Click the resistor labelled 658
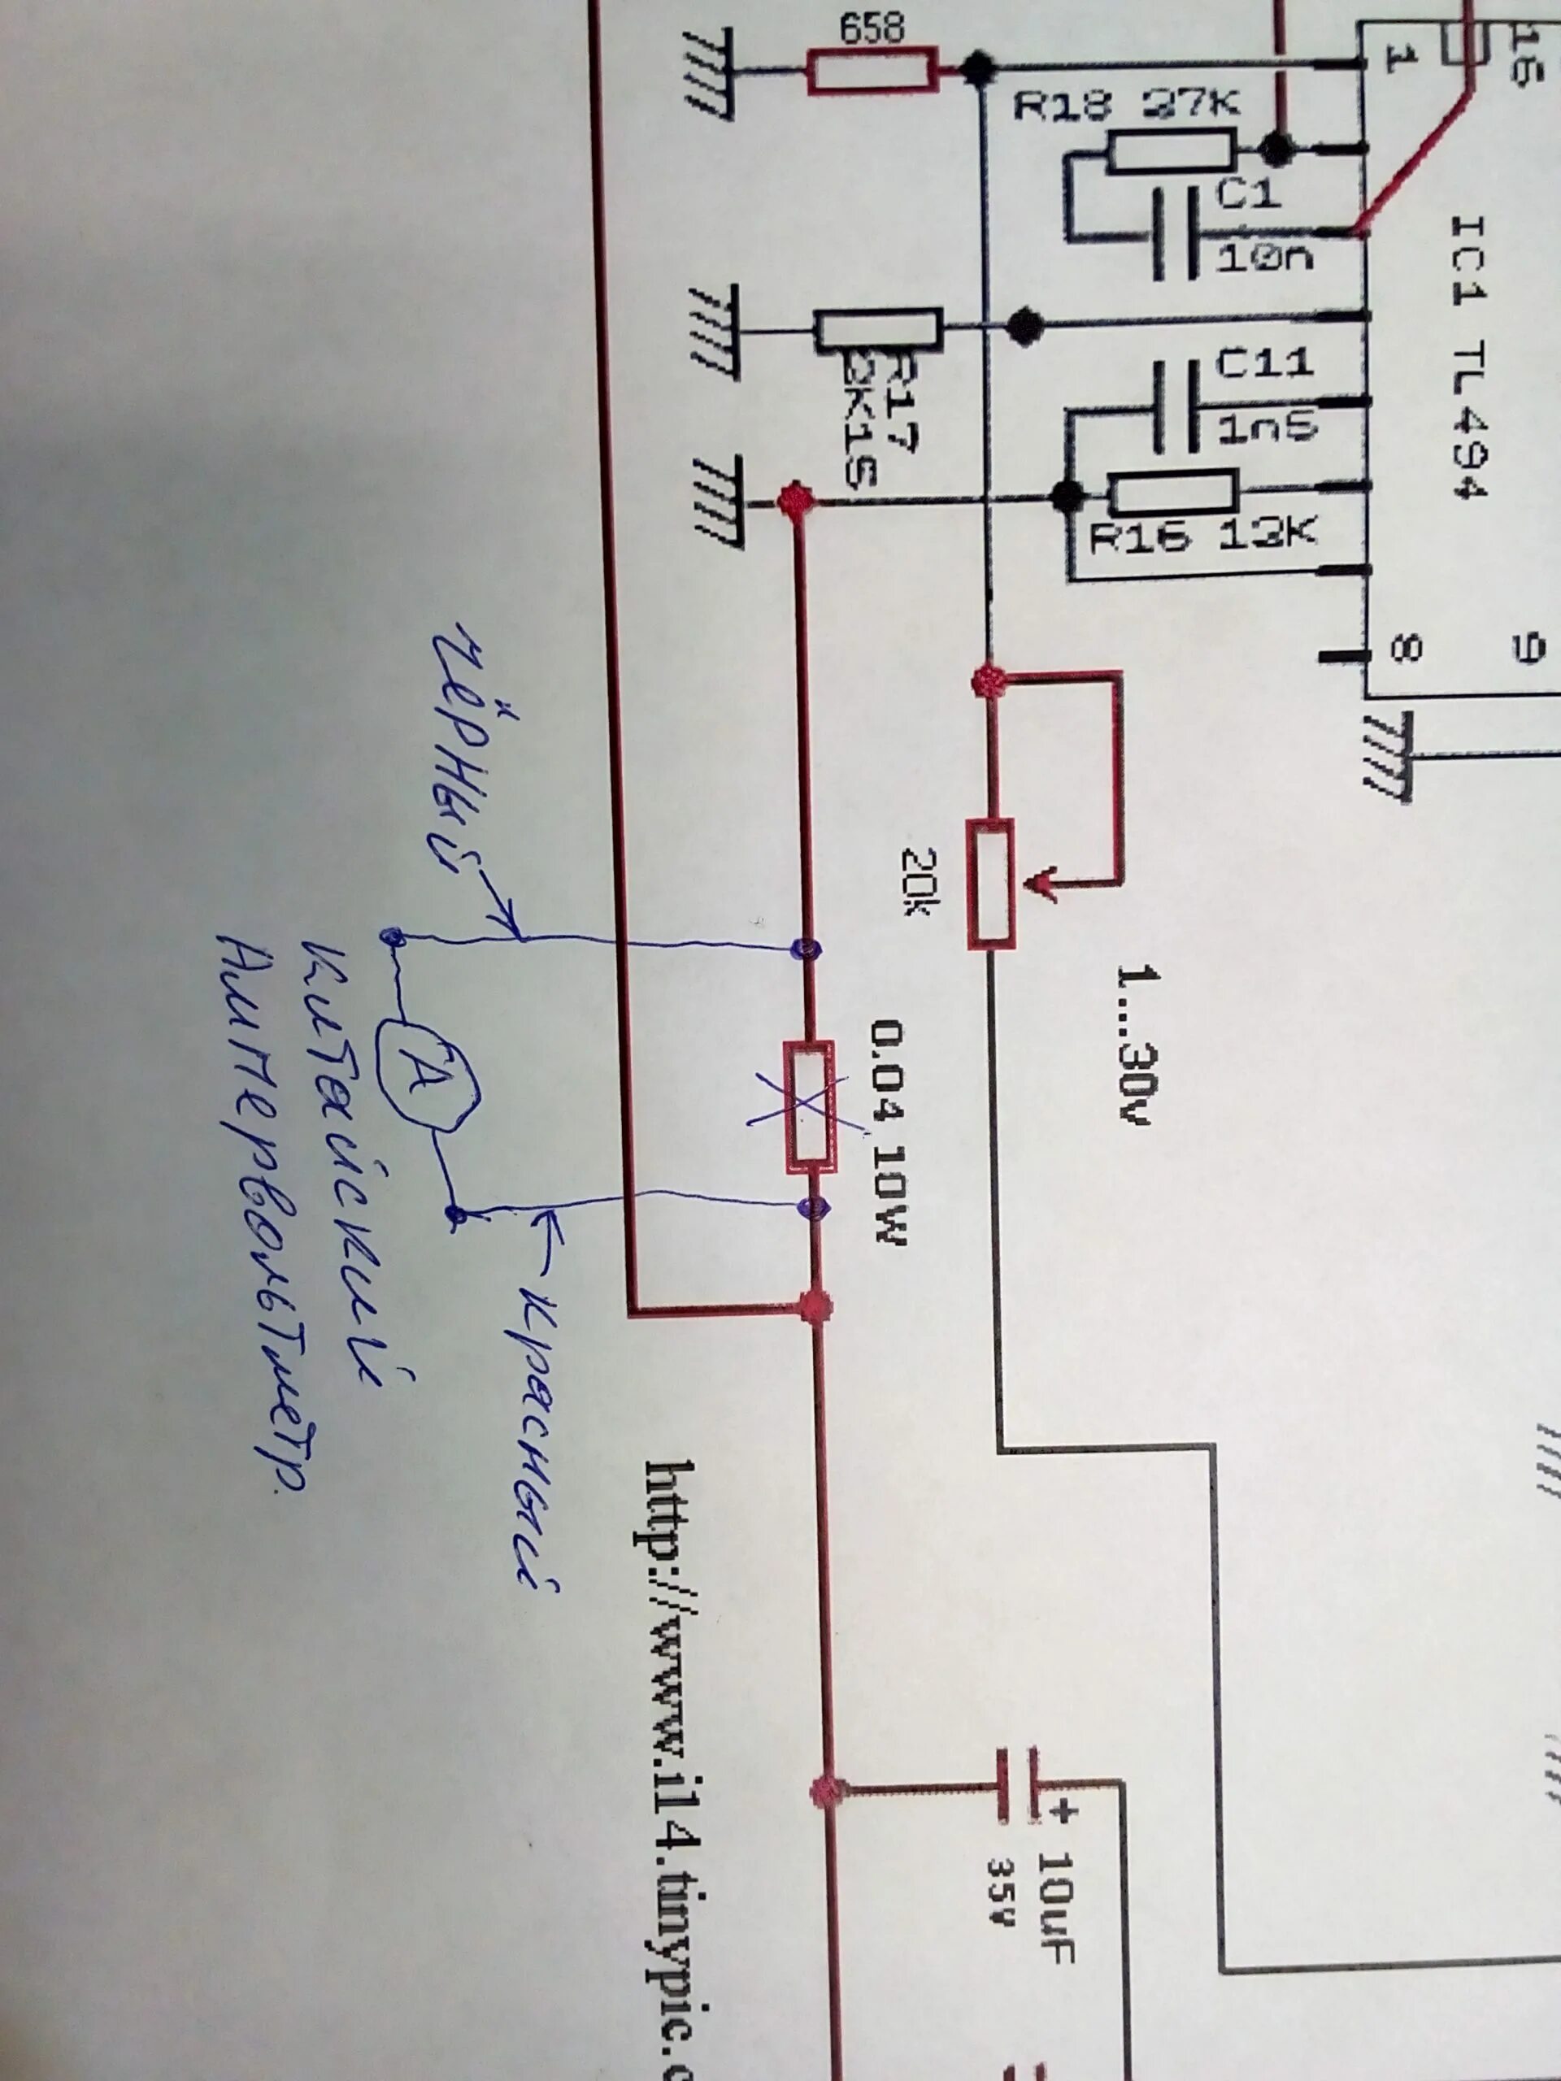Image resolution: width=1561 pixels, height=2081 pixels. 872,71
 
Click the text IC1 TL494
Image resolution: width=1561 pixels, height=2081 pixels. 1468,358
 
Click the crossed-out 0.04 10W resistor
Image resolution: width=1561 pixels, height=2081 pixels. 809,1106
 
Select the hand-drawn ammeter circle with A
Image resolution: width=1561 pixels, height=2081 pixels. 428,1077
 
